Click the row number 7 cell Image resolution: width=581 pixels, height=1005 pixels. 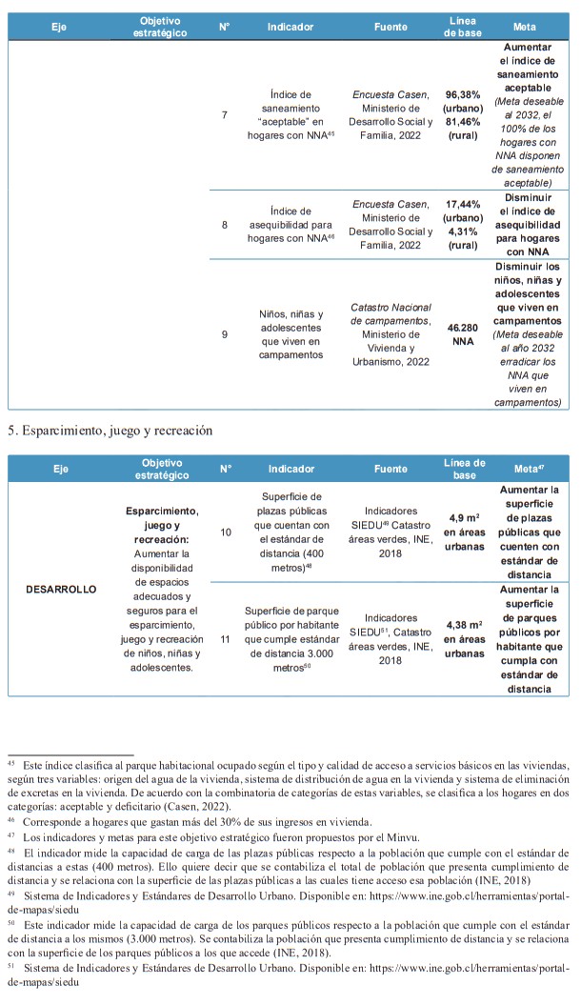click(224, 115)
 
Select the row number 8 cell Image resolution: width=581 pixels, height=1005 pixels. click(224, 225)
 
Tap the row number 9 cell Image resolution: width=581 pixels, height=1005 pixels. click(224, 334)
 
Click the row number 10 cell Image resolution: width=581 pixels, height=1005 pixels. click(226, 532)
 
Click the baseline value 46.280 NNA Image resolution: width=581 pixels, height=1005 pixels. click(464, 333)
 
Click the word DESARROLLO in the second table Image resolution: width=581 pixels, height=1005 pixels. click(61, 589)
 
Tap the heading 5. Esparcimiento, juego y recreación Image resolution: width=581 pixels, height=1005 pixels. click(110, 431)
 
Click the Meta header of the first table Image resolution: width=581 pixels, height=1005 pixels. click(531, 27)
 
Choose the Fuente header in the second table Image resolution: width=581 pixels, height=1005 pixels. click(391, 469)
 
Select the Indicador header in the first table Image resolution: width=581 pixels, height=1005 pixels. click(290, 27)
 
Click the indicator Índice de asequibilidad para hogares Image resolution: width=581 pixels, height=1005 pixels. click(290, 225)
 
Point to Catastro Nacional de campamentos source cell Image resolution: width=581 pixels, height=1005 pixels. click(391, 333)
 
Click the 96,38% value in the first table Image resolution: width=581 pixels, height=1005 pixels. click(464, 95)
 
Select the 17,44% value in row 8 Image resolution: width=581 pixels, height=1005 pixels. click(464, 204)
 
